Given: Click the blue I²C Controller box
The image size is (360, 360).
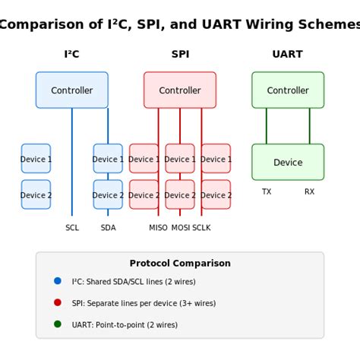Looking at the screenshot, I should pos(71,90).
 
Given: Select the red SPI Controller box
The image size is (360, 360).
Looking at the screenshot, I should pos(180,90).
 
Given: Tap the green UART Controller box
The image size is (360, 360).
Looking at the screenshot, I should pos(288,90).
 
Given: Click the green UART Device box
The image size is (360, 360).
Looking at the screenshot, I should pos(288,163).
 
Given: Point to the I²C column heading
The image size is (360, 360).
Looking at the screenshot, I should pos(71,55).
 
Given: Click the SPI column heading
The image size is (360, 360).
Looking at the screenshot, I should pos(180,55).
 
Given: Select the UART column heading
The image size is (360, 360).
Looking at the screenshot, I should pos(287,55).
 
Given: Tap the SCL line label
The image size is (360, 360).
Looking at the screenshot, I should pos(72,228).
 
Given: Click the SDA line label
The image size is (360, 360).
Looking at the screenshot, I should pos(108,228).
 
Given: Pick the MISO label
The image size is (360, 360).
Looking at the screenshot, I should pos(158,228).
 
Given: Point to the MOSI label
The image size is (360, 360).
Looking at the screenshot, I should pos(181,228).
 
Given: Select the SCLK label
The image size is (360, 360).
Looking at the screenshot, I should pos(201,228).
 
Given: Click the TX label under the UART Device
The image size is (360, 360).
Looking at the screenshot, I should pos(267,192).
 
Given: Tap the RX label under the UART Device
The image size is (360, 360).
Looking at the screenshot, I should pos(309,192).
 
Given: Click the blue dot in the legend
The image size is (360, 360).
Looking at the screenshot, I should pos(58,281).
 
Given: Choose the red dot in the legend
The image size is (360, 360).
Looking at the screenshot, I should pos(58,302).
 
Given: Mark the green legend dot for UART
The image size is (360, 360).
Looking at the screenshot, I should pos(58,324).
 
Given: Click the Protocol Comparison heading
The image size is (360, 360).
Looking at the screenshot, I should pos(180,264).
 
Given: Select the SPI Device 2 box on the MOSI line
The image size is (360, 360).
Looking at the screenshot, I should pos(180,194).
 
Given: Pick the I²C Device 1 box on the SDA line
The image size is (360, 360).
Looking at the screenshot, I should pos(108,159).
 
